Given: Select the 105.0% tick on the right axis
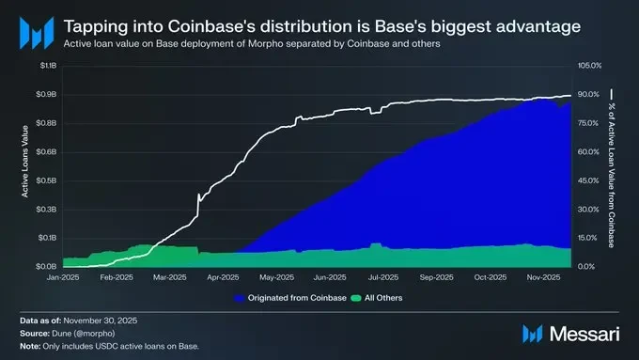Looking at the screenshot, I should [588, 65].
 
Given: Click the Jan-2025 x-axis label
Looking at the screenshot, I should [63, 277].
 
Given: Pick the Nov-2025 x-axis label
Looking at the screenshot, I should [543, 277].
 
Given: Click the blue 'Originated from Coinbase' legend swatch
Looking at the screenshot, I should [240, 299].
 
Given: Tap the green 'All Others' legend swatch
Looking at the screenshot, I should [355, 299].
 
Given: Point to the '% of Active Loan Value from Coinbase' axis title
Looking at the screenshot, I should [612, 165].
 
